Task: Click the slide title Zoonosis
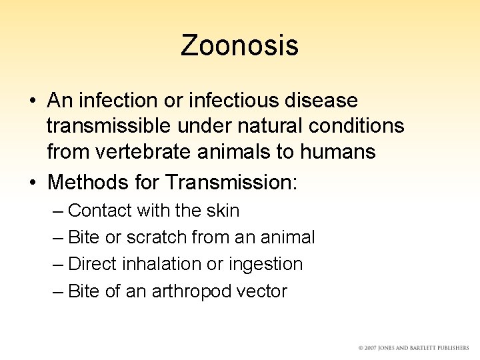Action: (x=239, y=45)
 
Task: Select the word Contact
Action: (x=101, y=211)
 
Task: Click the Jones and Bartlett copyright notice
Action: (x=413, y=347)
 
